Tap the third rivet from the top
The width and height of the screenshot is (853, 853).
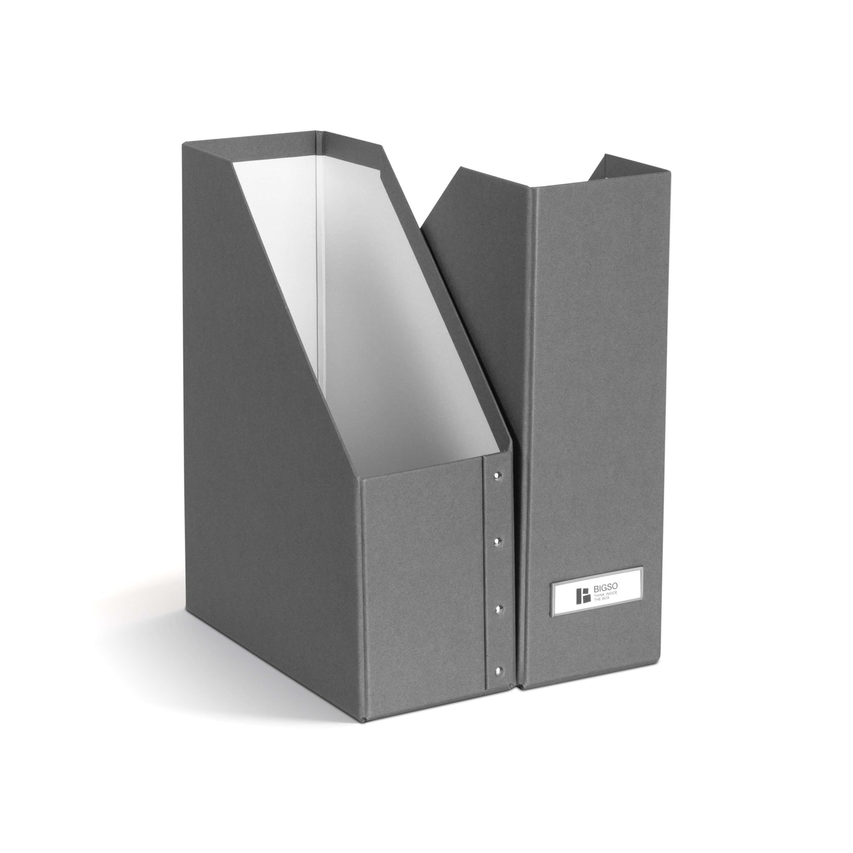tap(499, 609)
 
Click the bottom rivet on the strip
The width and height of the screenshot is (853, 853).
tap(499, 670)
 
